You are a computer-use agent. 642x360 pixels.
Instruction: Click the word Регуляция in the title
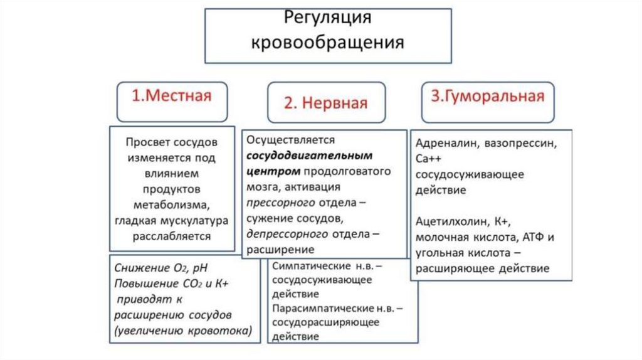coord(329,18)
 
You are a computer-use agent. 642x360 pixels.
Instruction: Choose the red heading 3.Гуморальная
coord(487,97)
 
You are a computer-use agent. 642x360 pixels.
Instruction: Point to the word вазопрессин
coord(519,144)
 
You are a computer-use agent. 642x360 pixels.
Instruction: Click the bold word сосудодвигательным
coord(310,155)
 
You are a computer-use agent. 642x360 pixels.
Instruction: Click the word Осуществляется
coord(292,139)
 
